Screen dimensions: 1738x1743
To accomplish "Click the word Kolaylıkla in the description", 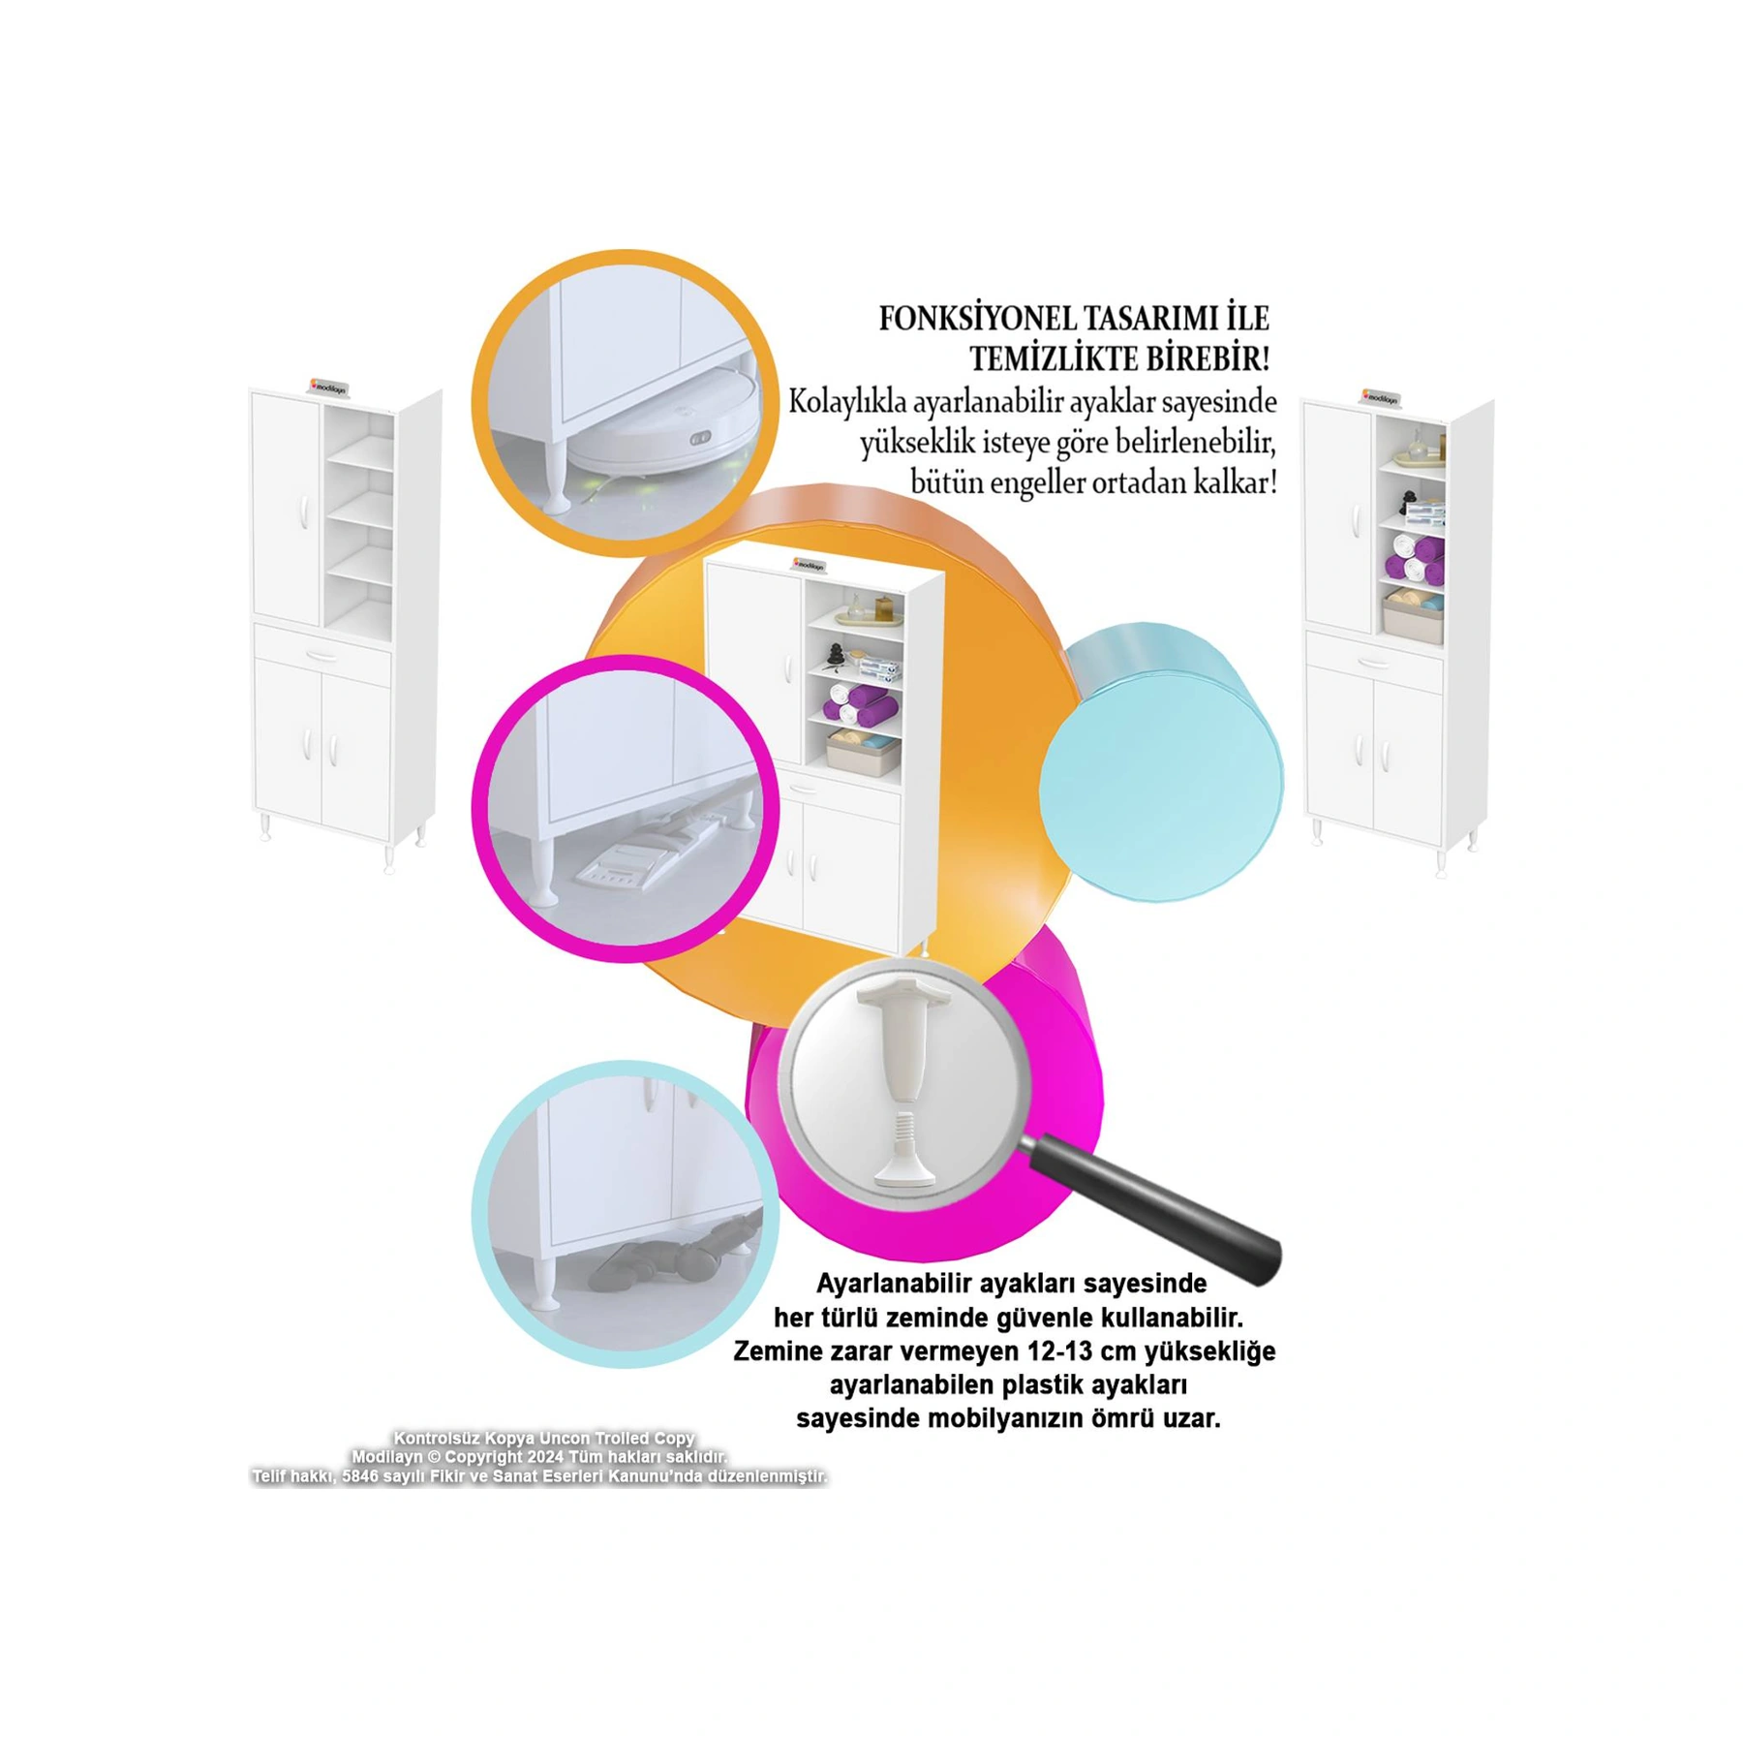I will click(x=847, y=402).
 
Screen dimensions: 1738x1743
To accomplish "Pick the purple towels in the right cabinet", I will click(x=1415, y=562).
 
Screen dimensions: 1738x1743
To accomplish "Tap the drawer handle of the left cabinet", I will click(x=322, y=655).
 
